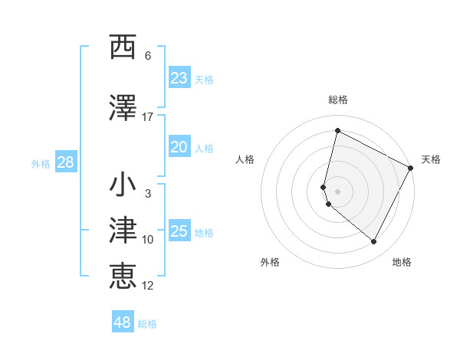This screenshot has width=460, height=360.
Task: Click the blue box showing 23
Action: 179,78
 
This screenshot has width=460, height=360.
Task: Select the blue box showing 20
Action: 179,148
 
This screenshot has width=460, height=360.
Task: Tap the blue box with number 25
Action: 179,231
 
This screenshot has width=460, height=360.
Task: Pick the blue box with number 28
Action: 65,162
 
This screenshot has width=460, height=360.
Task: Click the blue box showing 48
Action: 123,322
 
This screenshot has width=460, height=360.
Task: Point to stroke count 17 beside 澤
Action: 148,116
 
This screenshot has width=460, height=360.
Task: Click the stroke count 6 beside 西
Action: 148,56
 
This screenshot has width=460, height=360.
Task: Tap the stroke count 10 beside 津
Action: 148,240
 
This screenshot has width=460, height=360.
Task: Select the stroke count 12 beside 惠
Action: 148,286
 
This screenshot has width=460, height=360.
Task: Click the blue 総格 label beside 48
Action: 147,324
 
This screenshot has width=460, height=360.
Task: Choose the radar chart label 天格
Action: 431,159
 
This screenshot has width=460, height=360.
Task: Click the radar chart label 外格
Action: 270,262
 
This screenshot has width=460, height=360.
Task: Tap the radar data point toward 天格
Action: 412,169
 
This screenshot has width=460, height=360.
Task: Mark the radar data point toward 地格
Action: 374,242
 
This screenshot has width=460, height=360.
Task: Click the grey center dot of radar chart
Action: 337,191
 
